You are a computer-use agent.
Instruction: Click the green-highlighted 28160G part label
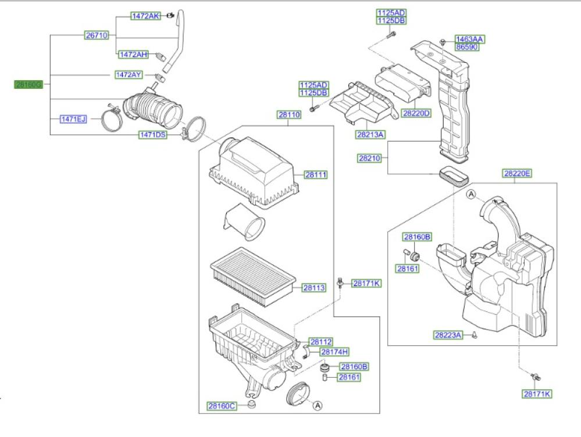(x=28, y=84)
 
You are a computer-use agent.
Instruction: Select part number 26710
(x=97, y=35)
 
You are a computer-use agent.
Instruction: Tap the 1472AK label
(x=145, y=16)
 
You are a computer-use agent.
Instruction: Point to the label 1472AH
(x=134, y=54)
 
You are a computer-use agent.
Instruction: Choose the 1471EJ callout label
(x=73, y=119)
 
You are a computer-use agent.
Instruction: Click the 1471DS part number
(x=152, y=135)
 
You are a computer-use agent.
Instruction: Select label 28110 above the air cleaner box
(x=288, y=115)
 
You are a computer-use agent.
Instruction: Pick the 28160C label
(x=222, y=405)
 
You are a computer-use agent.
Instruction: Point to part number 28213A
(x=371, y=134)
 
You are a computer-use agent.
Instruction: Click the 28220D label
(x=416, y=113)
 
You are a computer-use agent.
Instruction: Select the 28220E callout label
(x=518, y=173)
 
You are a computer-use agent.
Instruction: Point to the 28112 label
(x=321, y=342)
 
